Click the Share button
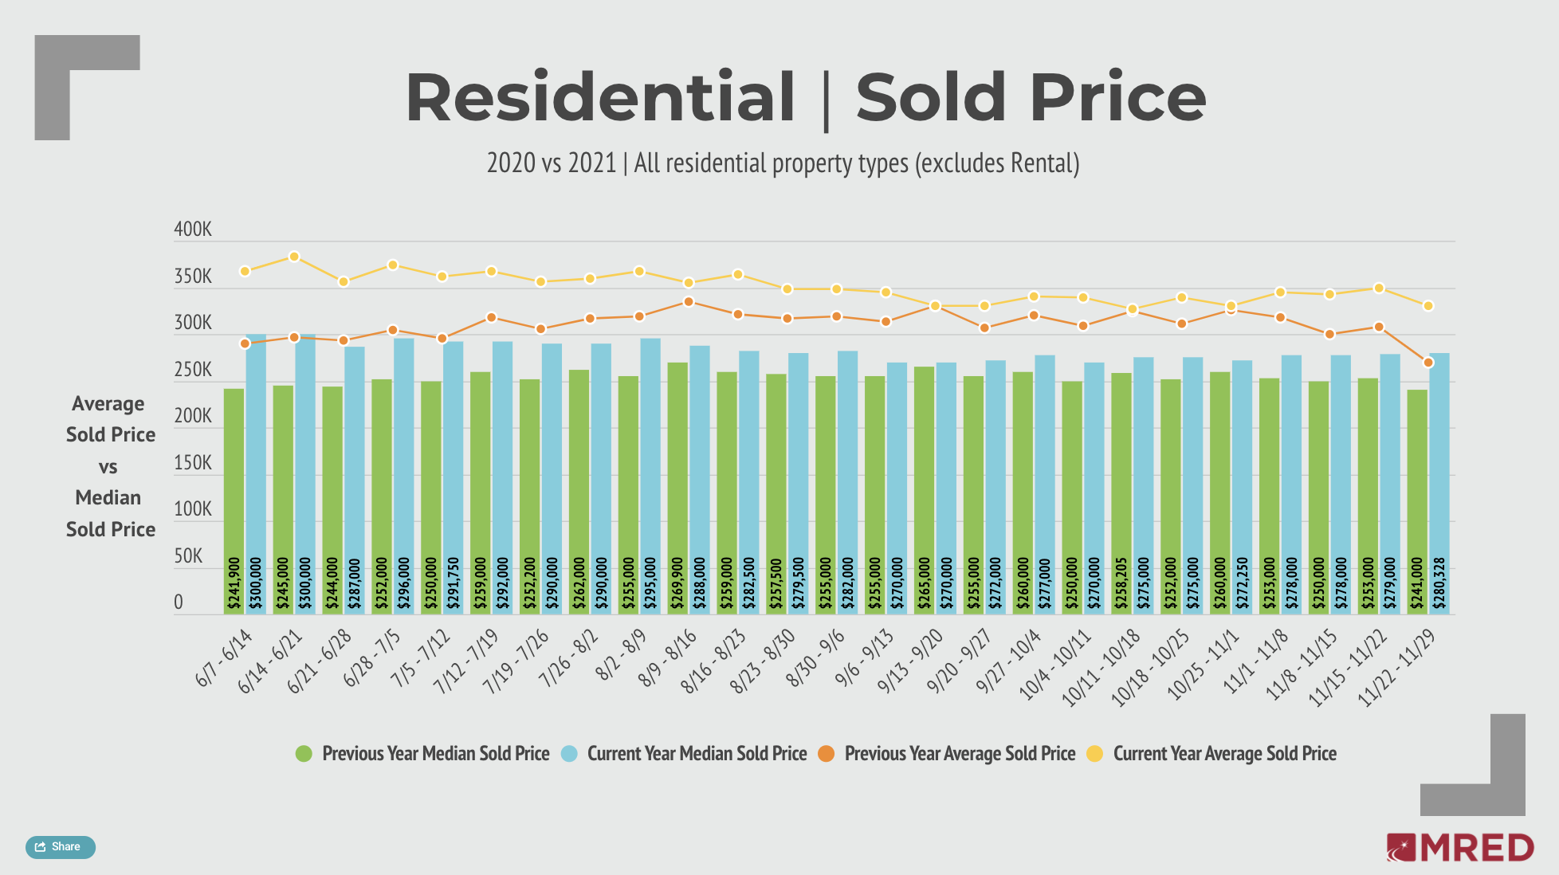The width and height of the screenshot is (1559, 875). (61, 847)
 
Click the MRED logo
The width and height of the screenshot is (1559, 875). (1459, 848)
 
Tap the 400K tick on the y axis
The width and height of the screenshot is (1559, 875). (193, 230)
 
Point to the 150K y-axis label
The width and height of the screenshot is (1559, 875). (193, 463)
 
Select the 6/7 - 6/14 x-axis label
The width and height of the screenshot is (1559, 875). (224, 658)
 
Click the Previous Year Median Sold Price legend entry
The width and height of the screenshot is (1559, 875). (422, 754)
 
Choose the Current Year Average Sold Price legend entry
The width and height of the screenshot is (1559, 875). (1211, 754)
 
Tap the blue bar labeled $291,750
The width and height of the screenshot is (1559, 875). (454, 478)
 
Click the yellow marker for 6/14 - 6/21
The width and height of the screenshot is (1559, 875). (294, 257)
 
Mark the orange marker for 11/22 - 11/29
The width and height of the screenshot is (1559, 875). (1428, 363)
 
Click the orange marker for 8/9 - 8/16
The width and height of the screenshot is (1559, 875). (689, 302)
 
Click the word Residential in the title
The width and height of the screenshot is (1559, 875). (600, 97)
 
